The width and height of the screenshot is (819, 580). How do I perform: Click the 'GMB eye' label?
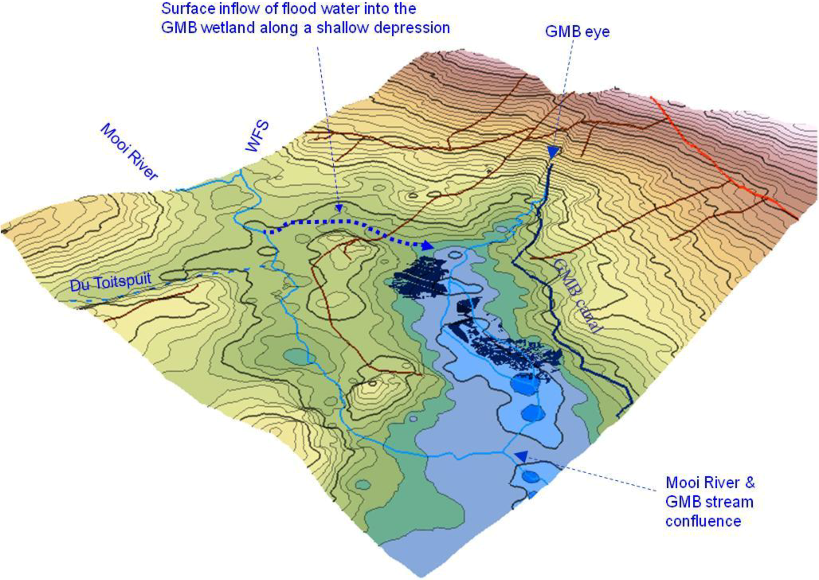(x=577, y=32)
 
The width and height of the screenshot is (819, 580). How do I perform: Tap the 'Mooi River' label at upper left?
(x=128, y=152)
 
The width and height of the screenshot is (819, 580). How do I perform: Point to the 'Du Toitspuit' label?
(x=111, y=282)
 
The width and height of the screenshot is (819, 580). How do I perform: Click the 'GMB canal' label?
(x=576, y=296)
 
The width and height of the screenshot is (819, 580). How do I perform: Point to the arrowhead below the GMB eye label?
(x=553, y=153)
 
